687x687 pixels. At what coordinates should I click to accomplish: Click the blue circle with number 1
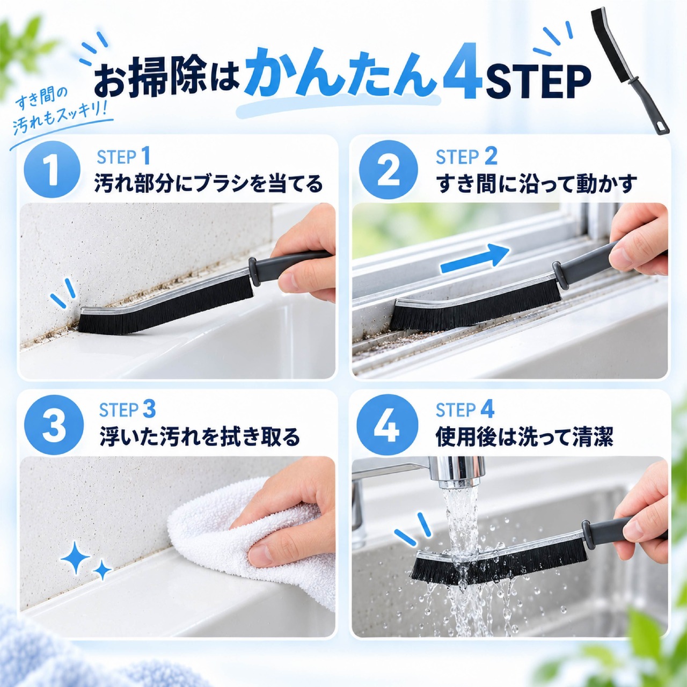[52, 170]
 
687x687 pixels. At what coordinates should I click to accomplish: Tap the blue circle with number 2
[389, 170]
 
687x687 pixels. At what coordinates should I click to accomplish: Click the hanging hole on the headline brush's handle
[660, 126]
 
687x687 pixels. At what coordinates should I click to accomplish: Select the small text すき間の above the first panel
[42, 100]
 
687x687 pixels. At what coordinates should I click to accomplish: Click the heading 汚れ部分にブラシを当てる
[209, 183]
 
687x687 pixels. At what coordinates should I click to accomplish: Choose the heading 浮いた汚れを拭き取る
[200, 437]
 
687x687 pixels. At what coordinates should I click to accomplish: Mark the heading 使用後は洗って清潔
[524, 437]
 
